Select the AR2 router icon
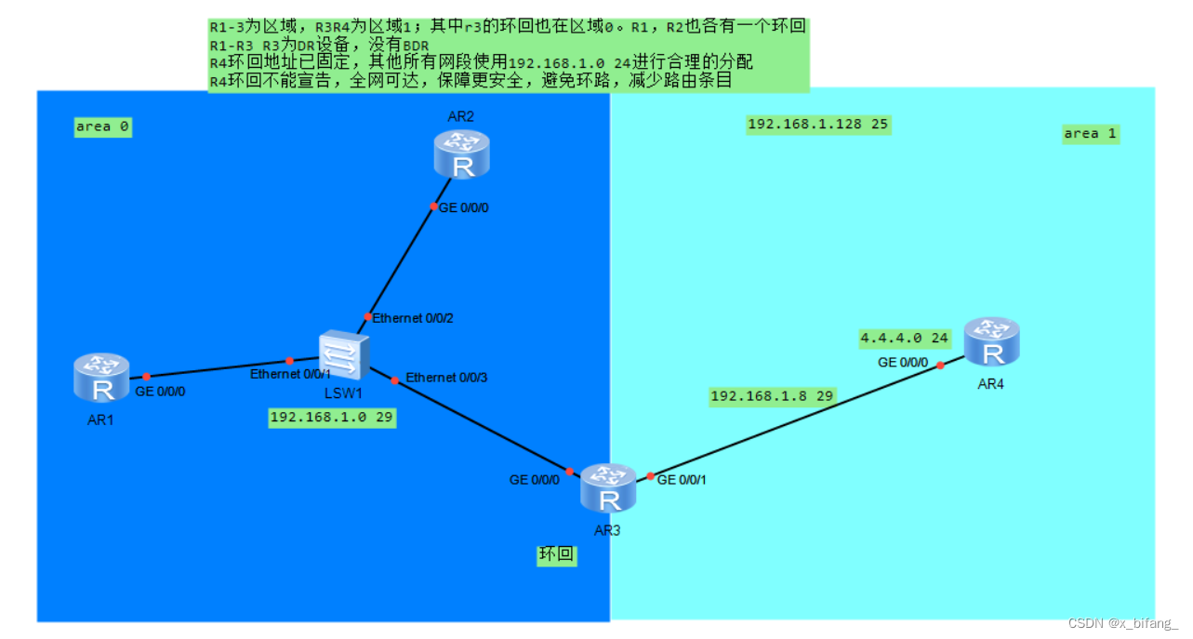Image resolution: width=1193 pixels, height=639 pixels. pos(461,154)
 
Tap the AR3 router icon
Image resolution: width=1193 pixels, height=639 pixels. pos(609,489)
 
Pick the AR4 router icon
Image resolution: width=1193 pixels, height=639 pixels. pos(992,341)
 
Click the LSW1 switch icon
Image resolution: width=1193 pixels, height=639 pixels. pos(344,354)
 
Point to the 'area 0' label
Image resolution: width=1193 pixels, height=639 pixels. pos(102,126)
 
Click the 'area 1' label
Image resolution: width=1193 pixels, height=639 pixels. pos(1091,134)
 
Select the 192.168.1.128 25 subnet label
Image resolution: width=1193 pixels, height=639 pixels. pos(818,125)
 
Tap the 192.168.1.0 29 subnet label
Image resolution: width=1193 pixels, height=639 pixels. pos(332,418)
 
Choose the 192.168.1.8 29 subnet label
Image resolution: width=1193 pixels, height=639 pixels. pos(773,396)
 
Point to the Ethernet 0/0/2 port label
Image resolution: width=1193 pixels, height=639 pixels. pos(413,318)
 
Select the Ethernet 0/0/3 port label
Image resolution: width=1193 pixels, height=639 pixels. pos(446,378)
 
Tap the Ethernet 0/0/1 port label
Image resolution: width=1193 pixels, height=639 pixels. pos(290,374)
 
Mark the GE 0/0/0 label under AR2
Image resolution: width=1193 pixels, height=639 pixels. pos(463,207)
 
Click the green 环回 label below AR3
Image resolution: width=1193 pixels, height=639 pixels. pos(556,556)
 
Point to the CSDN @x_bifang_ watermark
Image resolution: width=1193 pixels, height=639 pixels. pos(1122,623)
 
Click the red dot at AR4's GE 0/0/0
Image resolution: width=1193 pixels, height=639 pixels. pos(940,366)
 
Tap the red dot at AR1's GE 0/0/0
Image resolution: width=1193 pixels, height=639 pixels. pos(147,377)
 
